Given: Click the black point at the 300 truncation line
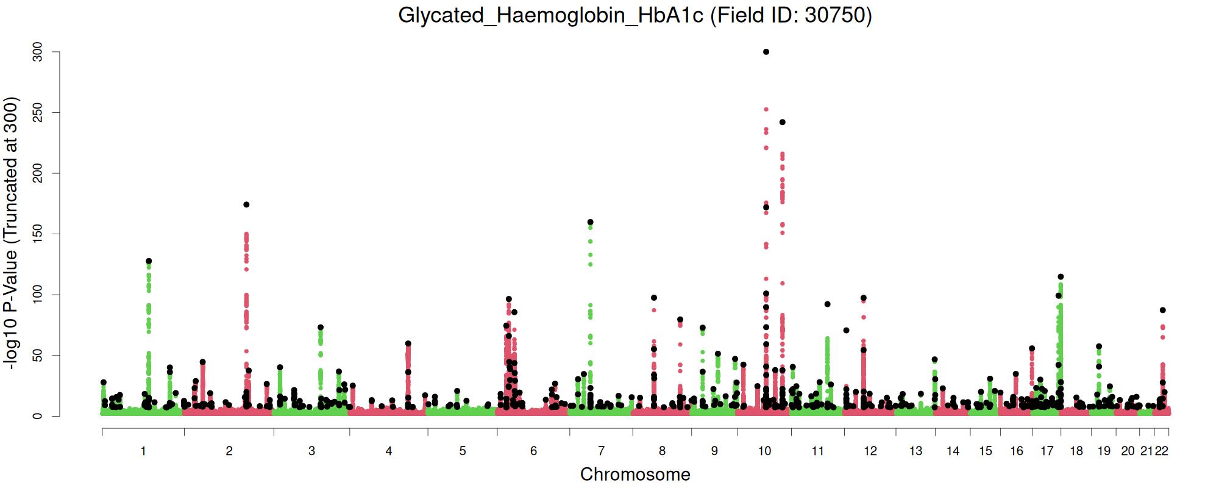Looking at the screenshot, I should pos(766,52).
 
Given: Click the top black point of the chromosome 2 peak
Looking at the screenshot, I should pos(246,205).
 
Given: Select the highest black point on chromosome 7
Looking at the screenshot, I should pos(590,222).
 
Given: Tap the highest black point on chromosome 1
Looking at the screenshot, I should pos(149,261).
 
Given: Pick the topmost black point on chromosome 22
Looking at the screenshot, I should pos(1162,310).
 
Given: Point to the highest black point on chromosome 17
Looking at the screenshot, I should pos(1061,277).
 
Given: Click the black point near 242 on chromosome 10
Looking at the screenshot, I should pos(783,122).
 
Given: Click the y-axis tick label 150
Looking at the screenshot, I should pos(38,234).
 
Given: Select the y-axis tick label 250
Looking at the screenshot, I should pos(38,113).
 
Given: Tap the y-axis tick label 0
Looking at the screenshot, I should pos(38,416).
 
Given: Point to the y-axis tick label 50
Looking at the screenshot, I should pos(38,356).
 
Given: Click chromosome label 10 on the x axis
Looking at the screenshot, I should pos(764,451).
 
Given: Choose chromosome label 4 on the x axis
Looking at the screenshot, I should pos(389,451).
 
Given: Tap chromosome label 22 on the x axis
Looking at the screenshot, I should pos(1162,451).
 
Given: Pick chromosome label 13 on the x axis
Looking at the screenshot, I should pos(915,451).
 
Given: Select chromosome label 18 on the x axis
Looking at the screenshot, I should pos(1076,451).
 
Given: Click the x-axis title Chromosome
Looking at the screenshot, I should pos(635,475).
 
